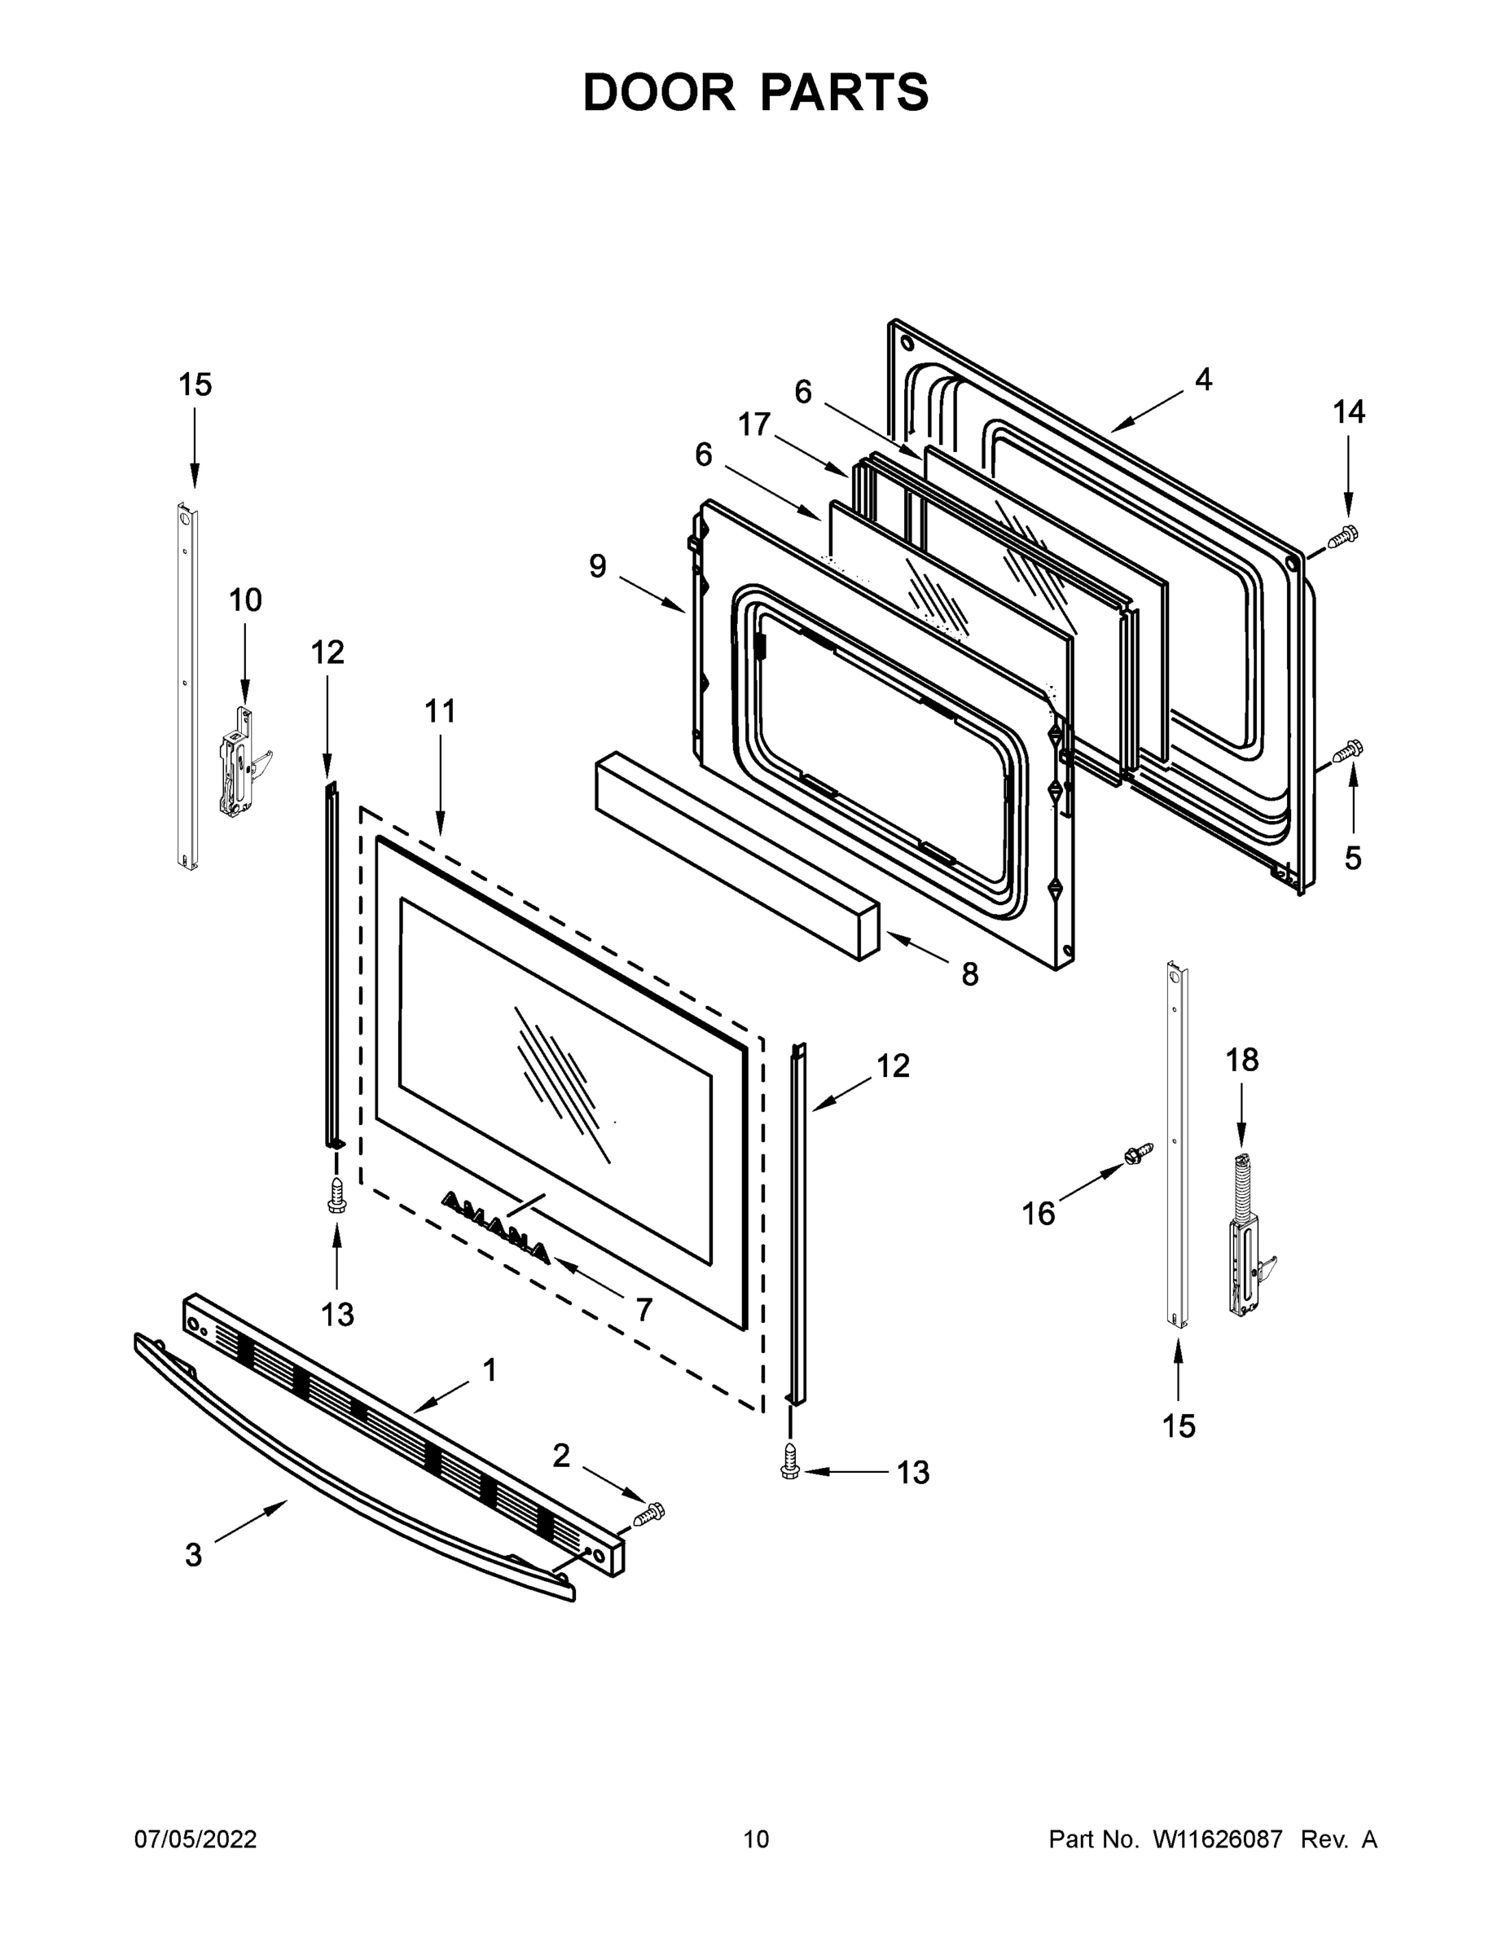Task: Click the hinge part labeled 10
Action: coord(240,761)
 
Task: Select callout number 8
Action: coord(969,974)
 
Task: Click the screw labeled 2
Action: coord(651,1514)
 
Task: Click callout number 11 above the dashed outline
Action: coord(440,712)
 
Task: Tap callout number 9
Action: coord(597,566)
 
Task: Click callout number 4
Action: coord(1203,380)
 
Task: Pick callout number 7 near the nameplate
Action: coord(643,1310)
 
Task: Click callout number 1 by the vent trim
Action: coord(489,1369)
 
